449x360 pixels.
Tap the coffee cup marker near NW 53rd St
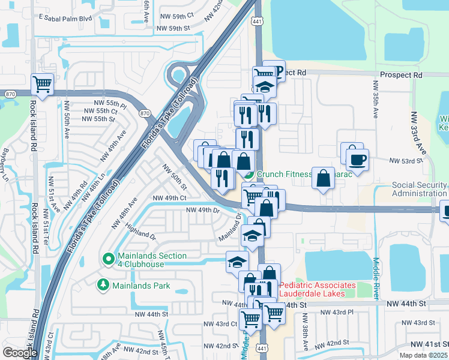pyautogui.click(x=357, y=160)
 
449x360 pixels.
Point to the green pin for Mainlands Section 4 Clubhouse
pyautogui.click(x=109, y=259)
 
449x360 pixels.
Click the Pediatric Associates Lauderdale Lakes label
pyautogui.click(x=318, y=289)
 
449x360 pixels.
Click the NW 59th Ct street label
pyautogui.click(x=175, y=14)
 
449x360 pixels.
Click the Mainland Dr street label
pyautogui.click(x=229, y=227)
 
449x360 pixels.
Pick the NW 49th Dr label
pyautogui.click(x=203, y=210)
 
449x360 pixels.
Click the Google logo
pyautogui.click(x=20, y=352)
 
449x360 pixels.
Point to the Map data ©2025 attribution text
pyautogui.click(x=423, y=355)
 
